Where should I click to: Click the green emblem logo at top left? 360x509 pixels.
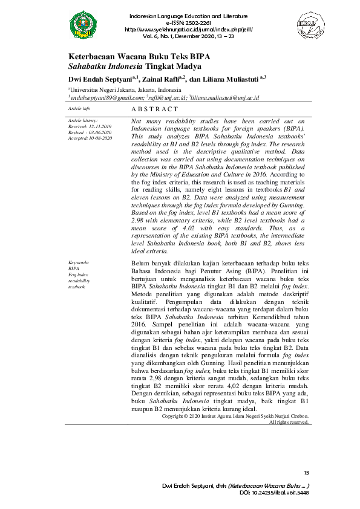pos(83,24)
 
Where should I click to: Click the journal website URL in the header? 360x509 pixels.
pos(188,29)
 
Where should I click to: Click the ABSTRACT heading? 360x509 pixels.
pos(155,109)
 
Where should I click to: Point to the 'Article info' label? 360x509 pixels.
pos(79,108)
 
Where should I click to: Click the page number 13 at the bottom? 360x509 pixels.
pos(306,472)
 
